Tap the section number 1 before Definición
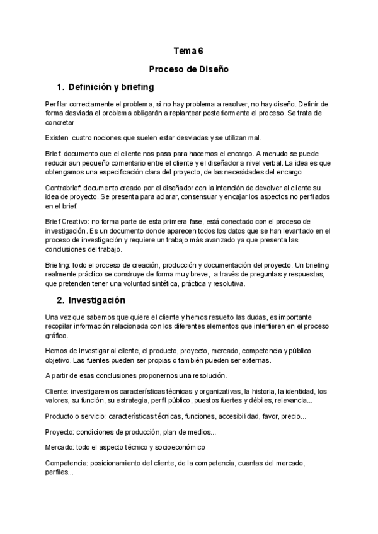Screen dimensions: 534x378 [x=60, y=87]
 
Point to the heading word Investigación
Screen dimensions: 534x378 [x=97, y=299]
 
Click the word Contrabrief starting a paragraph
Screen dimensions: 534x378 [x=63, y=188]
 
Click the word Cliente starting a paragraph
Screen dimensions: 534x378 [x=57, y=390]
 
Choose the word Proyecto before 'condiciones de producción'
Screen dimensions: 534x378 [x=59, y=432]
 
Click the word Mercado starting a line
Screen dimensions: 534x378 [x=60, y=447]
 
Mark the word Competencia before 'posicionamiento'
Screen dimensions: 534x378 [x=66, y=463]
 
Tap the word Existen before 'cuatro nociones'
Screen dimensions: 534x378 [x=57, y=137]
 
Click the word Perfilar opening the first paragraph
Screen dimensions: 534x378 [x=59, y=103]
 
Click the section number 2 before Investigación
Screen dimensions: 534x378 [x=60, y=299]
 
